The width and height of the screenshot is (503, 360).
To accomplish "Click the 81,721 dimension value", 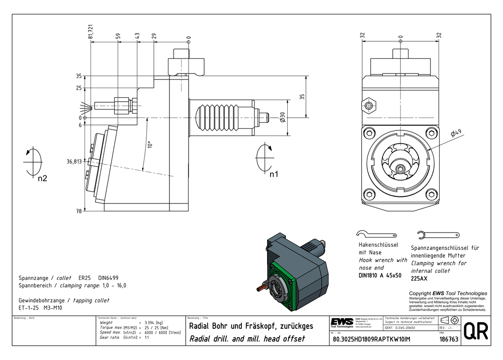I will point(91,31).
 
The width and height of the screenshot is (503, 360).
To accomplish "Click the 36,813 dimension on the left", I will point(74,162).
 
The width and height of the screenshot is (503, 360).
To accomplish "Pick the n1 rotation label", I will point(274,174).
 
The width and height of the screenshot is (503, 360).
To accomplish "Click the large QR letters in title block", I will point(475,331).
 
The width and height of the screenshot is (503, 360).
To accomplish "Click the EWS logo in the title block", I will point(342,322).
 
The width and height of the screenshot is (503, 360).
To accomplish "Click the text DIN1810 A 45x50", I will point(380,275).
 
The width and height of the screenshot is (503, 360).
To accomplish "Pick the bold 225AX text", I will point(419,278).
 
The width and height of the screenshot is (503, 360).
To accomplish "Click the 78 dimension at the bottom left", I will point(78,211).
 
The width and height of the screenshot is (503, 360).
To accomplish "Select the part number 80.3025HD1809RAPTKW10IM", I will point(371,339).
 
